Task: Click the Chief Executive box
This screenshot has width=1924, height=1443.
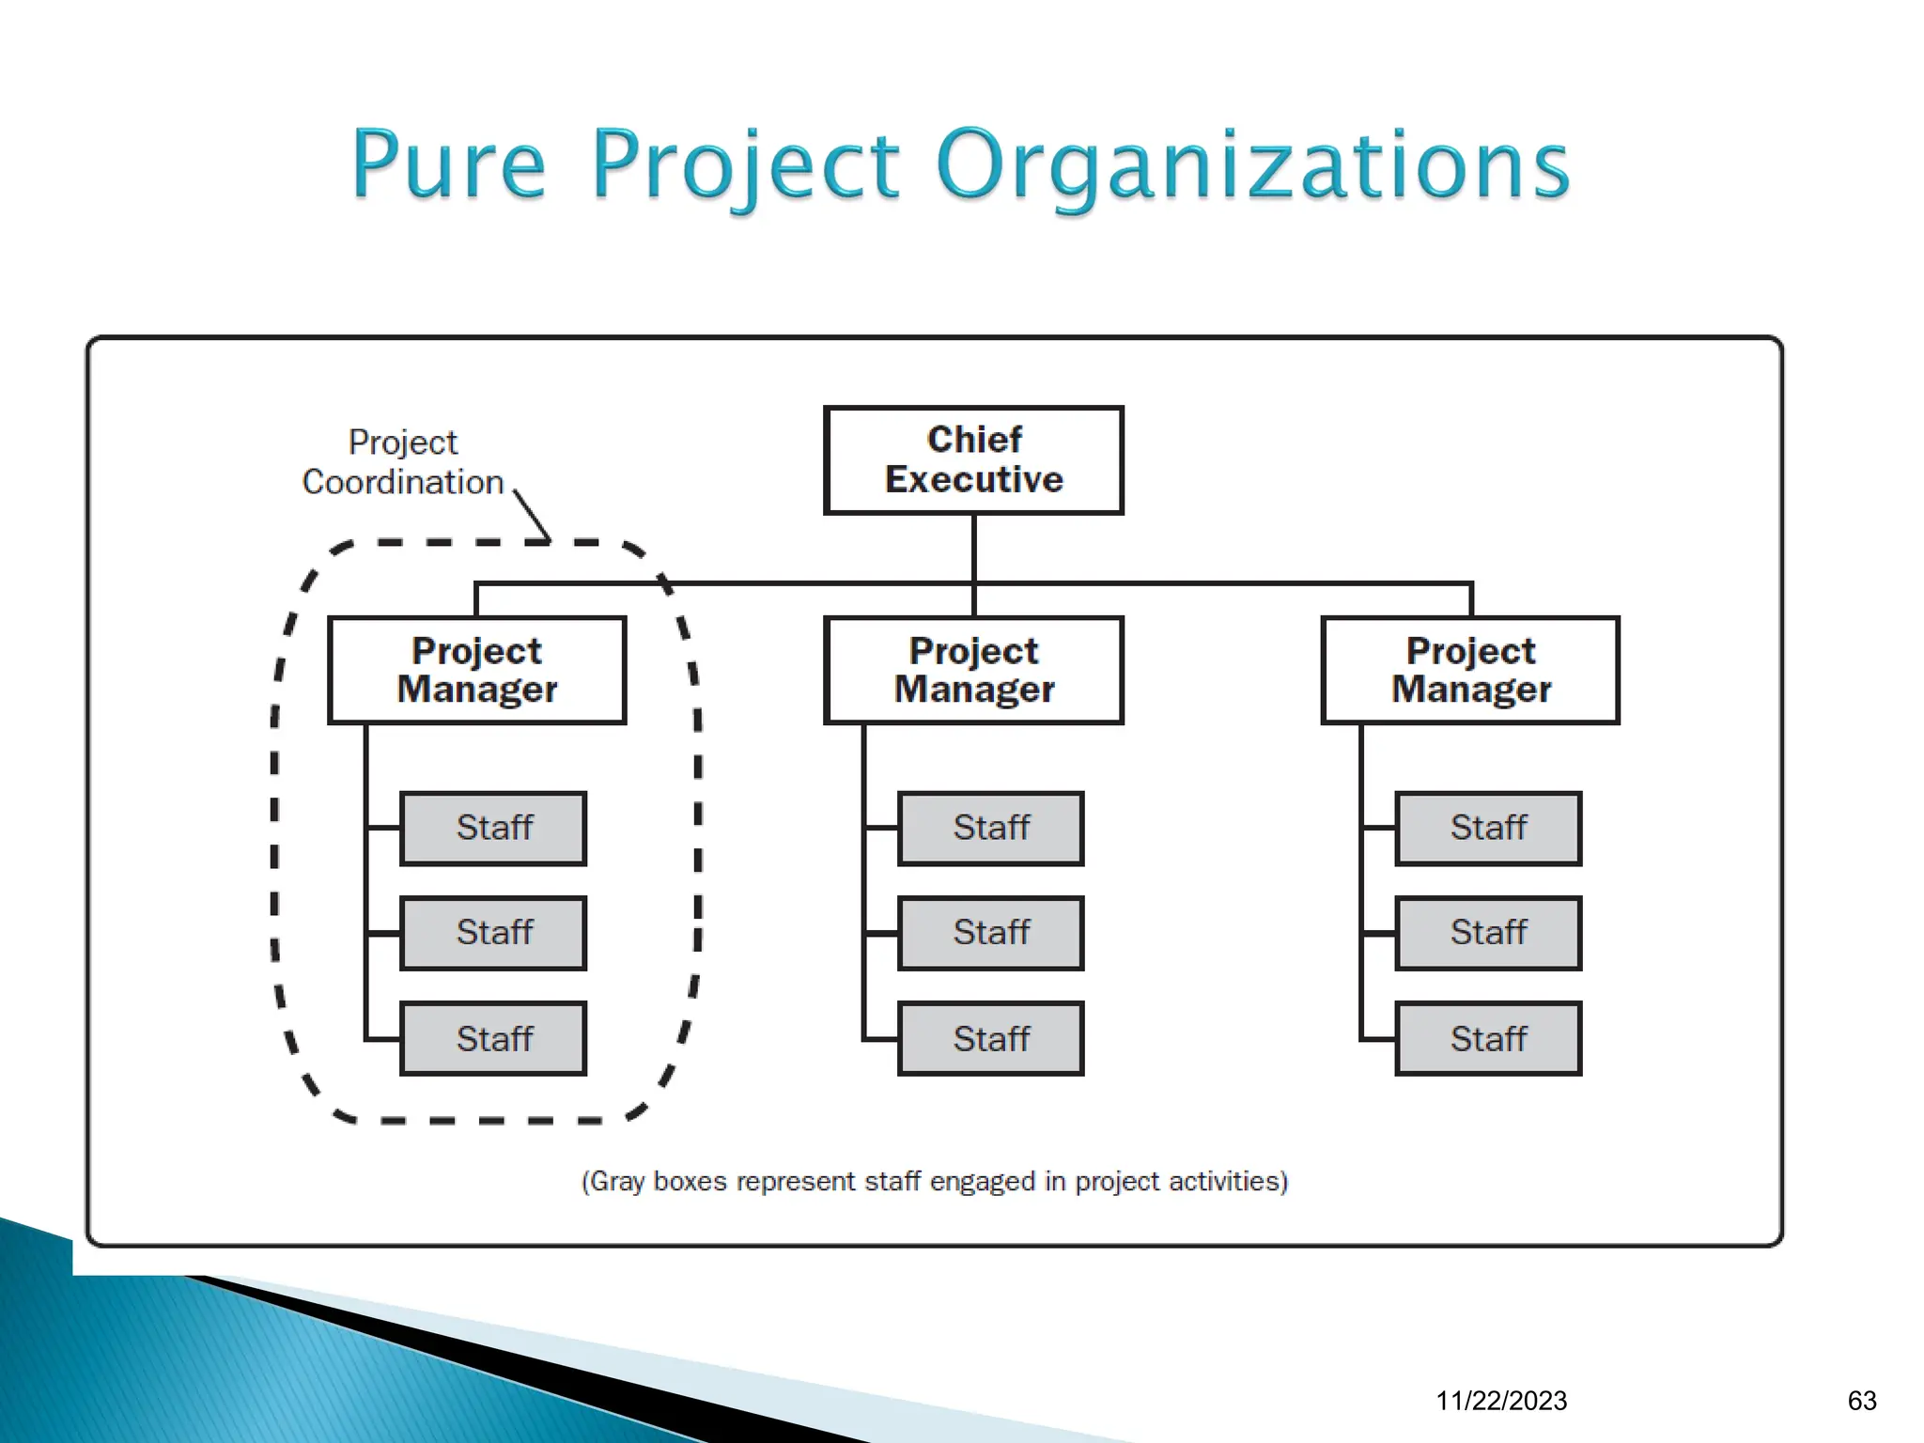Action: coord(973,460)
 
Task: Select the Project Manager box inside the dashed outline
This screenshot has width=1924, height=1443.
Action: coord(477,670)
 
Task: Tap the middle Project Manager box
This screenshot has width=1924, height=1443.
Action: coord(973,670)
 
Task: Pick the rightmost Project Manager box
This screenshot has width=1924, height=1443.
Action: coord(1470,670)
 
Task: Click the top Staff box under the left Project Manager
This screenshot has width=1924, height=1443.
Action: coord(493,828)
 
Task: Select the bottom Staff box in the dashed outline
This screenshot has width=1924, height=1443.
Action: coord(493,1038)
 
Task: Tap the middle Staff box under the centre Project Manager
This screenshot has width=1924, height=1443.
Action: coord(990,933)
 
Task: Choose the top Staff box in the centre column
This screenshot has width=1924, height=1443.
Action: coord(990,828)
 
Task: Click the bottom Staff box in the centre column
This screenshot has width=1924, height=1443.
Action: coord(990,1038)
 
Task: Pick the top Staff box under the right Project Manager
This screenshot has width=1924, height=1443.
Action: coord(1488,828)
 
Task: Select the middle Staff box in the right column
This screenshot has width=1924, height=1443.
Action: coord(1488,933)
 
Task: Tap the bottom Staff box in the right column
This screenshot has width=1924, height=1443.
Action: coord(1488,1038)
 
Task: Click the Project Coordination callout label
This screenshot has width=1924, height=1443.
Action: coord(403,462)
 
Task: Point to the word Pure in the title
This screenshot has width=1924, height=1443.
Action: coord(448,166)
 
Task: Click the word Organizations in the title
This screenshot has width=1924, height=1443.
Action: coord(1252,166)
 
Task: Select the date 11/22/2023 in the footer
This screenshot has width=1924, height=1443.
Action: coord(1501,1401)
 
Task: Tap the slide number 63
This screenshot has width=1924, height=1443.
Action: coord(1862,1401)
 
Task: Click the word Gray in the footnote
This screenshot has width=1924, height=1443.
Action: coord(616,1181)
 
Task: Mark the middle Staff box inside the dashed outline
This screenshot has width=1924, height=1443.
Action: coord(493,933)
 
